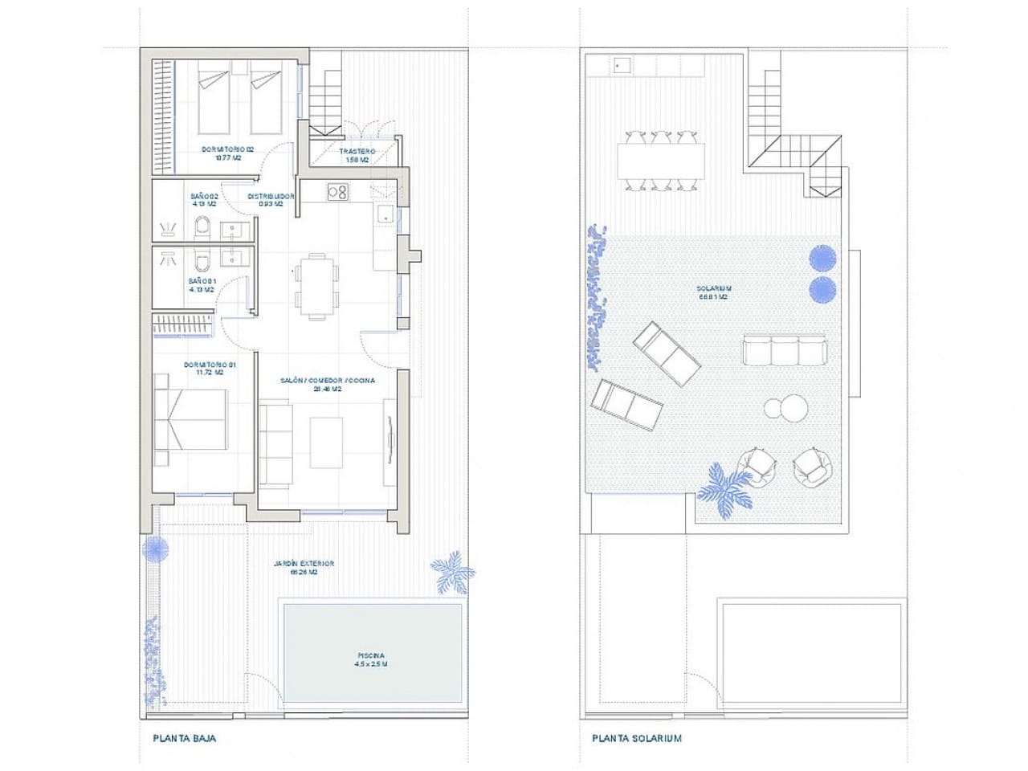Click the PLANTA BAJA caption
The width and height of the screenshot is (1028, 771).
(x=184, y=737)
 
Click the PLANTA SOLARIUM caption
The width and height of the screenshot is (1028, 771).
(x=636, y=737)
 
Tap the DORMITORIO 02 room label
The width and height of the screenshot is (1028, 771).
(x=227, y=153)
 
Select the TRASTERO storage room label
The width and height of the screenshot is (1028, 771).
(x=357, y=155)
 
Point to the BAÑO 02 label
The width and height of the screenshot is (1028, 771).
(x=204, y=199)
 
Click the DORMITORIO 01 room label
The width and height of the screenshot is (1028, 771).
(x=210, y=369)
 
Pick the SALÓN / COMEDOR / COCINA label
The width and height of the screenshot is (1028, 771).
(x=327, y=384)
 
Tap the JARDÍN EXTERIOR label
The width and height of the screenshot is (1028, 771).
(x=303, y=568)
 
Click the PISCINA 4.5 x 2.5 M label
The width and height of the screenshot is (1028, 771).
(x=371, y=659)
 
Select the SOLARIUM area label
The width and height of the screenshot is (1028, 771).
(x=713, y=292)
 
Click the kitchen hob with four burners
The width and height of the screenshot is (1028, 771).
(x=337, y=192)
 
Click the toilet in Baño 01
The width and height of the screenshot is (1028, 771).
(x=202, y=261)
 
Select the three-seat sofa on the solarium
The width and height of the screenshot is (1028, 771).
(x=784, y=350)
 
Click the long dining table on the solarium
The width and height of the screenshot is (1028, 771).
(x=661, y=161)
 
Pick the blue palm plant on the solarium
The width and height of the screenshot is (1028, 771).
(x=727, y=489)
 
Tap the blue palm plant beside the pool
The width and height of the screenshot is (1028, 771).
(x=452, y=572)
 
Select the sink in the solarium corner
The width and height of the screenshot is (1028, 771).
(x=622, y=65)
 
